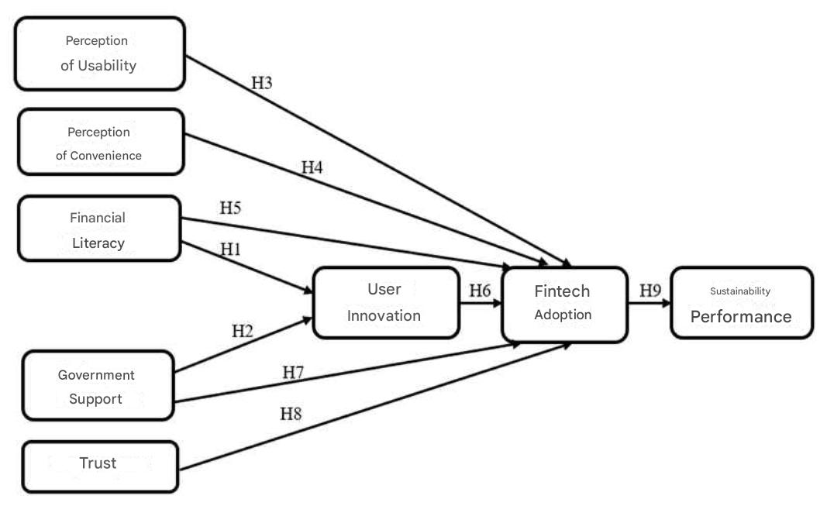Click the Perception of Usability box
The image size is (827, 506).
[100, 53]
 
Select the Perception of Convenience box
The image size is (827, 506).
[100, 143]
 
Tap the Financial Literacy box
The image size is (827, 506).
[98, 229]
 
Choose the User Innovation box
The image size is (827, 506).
[385, 302]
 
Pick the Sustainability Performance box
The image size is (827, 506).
[741, 303]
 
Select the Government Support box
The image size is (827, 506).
[97, 386]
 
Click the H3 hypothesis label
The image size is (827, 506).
[262, 83]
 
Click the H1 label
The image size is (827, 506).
[231, 250]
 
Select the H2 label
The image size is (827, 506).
[243, 332]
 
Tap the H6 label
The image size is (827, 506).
[480, 291]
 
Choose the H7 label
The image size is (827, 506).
[293, 373]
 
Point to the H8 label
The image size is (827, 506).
[291, 414]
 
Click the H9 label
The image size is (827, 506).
[650, 291]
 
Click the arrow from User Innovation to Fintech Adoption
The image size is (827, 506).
[480, 304]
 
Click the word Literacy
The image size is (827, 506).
[98, 243]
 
